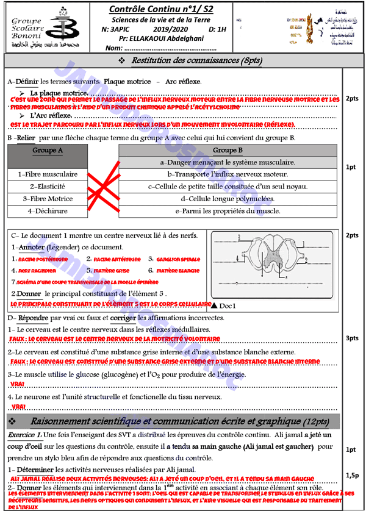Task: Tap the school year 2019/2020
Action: point(170,29)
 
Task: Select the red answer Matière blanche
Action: point(178,270)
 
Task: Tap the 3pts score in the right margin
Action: point(352,338)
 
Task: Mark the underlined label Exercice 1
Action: point(24,435)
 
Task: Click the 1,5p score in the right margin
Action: point(352,474)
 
